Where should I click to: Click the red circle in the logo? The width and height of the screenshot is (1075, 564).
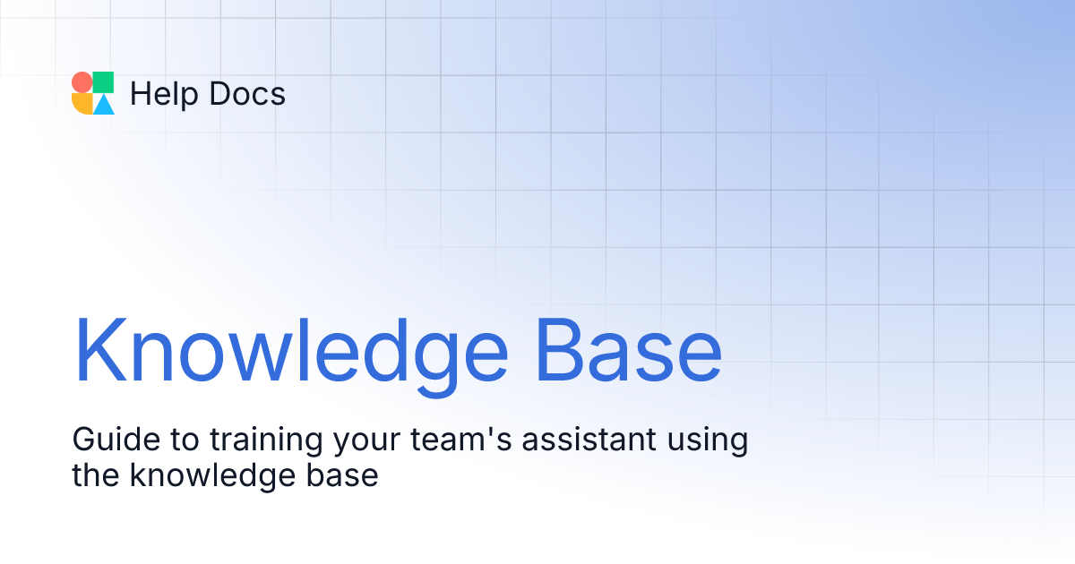coord(82,82)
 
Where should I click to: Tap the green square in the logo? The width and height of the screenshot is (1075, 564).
coord(104,82)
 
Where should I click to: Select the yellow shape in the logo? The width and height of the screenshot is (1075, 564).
coord(82,105)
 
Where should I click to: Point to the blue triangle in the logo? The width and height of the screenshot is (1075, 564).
coord(104,105)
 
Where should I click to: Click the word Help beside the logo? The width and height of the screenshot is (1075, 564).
coord(160,94)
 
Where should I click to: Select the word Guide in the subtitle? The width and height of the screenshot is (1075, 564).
coord(107,440)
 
